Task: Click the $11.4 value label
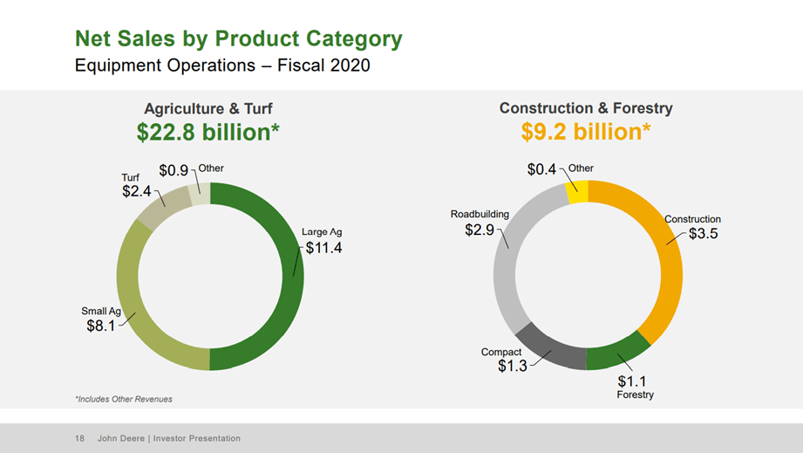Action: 324,248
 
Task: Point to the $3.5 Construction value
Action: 702,234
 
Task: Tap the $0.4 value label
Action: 541,169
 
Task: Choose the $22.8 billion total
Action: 208,132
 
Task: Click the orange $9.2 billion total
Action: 586,132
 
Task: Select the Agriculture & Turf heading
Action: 208,109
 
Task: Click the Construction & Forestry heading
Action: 586,108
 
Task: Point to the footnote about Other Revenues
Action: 124,399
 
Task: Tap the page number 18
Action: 80,438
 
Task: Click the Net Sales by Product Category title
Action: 239,39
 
